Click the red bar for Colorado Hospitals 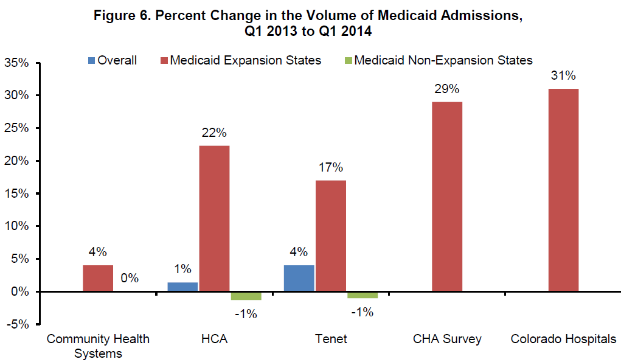(563, 190)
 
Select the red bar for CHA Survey (447, 197)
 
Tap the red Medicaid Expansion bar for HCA (214, 218)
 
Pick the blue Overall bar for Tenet (299, 278)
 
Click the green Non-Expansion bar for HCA (245, 296)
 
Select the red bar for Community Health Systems (98, 278)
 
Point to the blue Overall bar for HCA (182, 287)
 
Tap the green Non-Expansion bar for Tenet (362, 295)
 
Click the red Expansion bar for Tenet (330, 235)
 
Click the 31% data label (563, 76)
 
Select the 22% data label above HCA (214, 133)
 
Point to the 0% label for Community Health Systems (130, 279)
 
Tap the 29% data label (447, 89)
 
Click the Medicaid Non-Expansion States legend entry (443, 60)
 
